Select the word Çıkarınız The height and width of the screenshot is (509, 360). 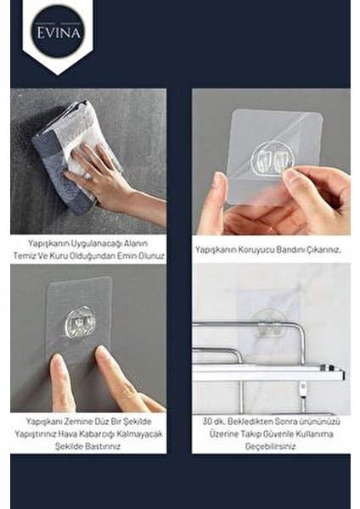click(319, 249)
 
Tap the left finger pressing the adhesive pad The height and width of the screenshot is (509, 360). click(62, 382)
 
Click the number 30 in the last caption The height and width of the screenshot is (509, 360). click(209, 420)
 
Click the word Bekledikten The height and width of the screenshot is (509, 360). click(250, 420)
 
